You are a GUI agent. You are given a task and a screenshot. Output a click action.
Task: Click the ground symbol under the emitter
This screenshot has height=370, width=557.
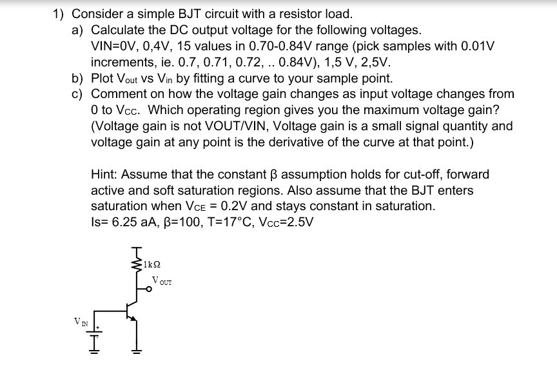point(137,353)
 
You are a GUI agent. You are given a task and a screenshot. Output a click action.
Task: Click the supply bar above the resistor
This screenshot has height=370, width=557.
point(137,248)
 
